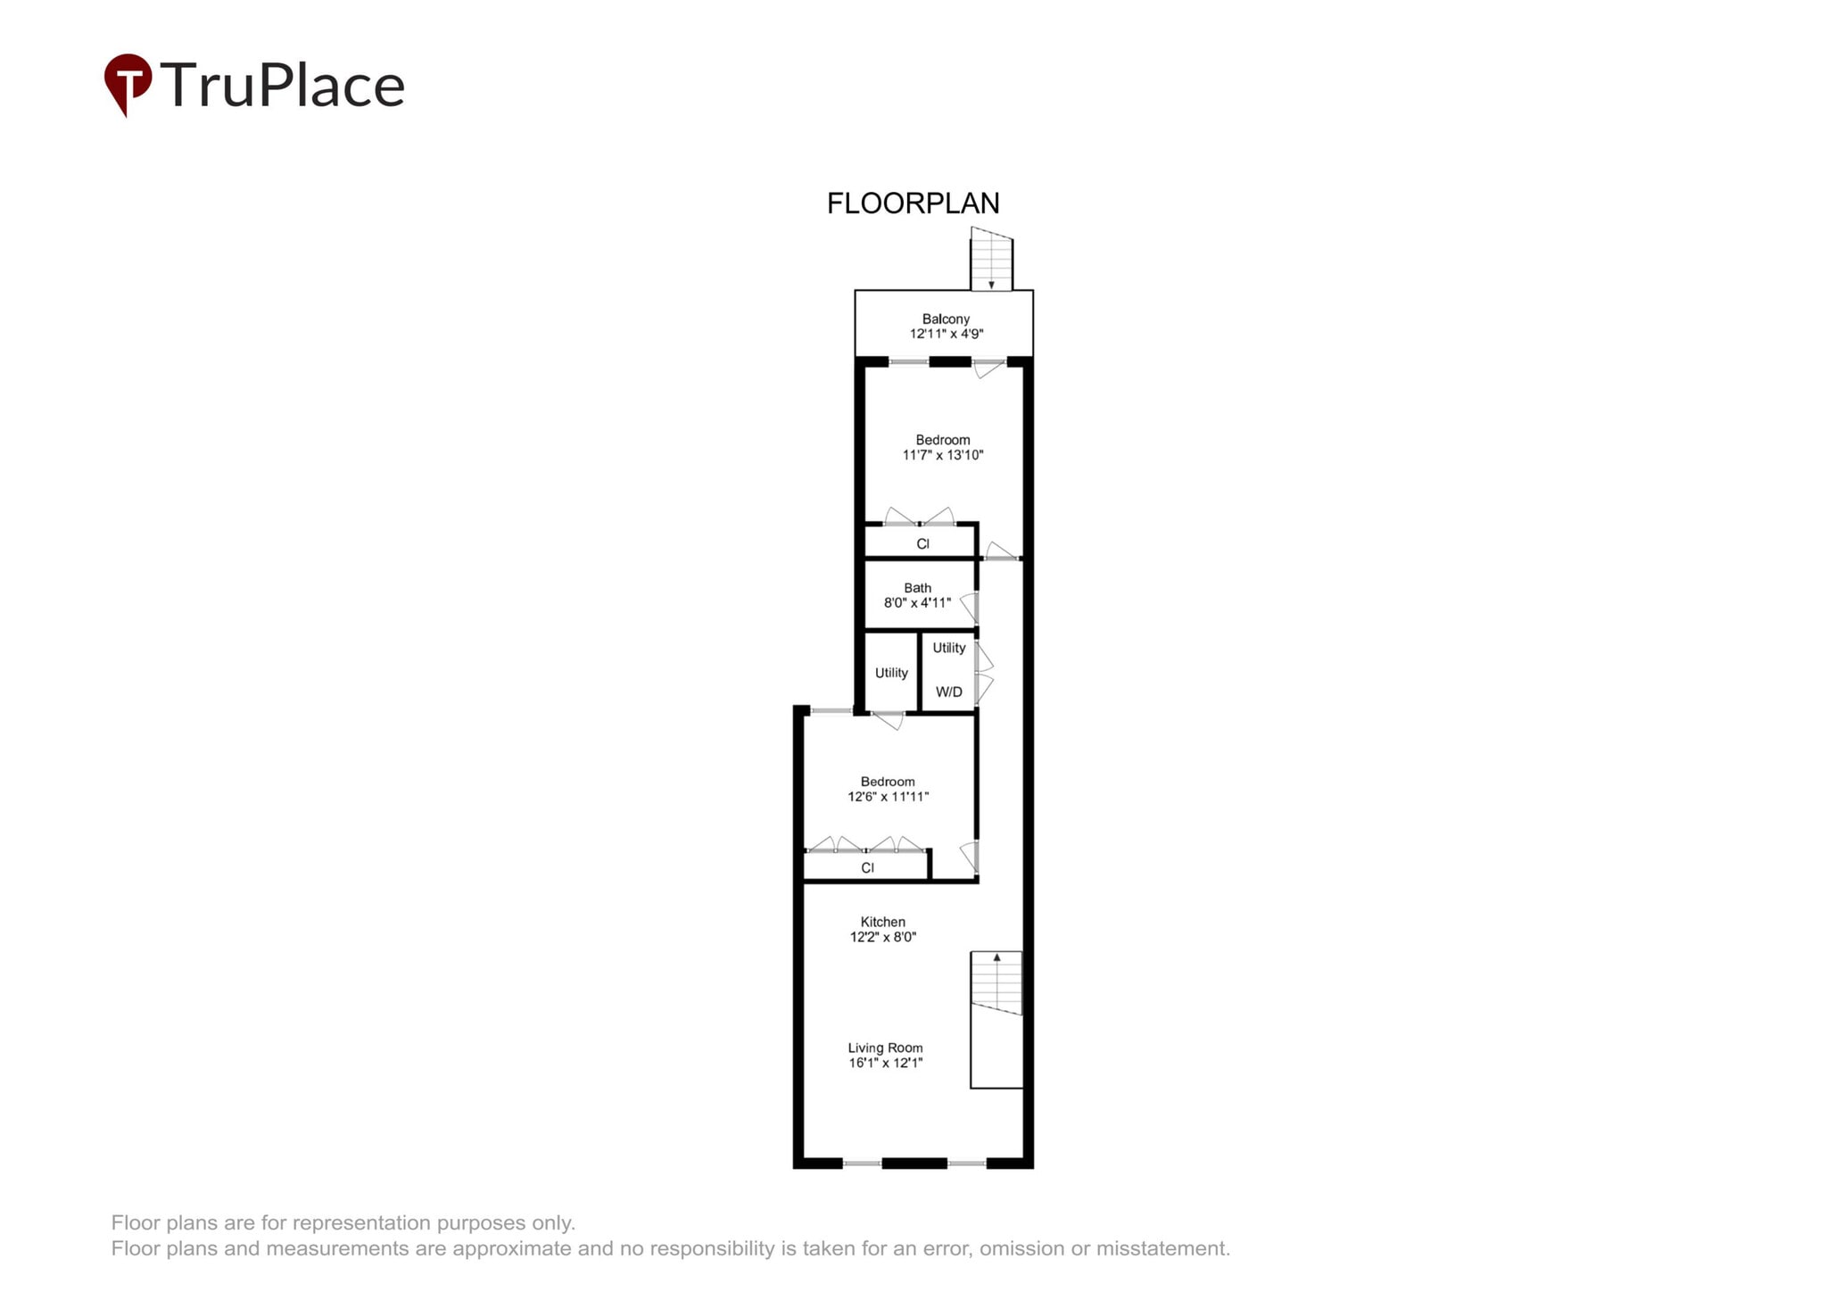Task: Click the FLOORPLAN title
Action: [913, 203]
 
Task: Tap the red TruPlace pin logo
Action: [128, 83]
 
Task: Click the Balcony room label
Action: [946, 319]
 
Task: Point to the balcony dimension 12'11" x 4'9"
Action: [946, 335]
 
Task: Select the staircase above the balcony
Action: [991, 260]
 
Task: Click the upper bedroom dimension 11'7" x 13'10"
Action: [943, 455]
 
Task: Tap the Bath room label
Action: [917, 588]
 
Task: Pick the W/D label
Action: [948, 692]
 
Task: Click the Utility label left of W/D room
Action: [891, 673]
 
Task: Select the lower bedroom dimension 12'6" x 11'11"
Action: [888, 797]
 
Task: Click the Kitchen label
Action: [882, 922]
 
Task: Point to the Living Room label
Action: [885, 1048]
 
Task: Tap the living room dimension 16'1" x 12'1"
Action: [885, 1063]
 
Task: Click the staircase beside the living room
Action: [996, 983]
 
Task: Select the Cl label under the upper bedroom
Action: [922, 543]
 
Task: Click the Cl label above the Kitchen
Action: [867, 867]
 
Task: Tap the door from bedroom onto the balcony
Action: [988, 366]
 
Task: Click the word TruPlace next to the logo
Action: [283, 86]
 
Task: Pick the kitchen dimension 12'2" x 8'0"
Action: [882, 937]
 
